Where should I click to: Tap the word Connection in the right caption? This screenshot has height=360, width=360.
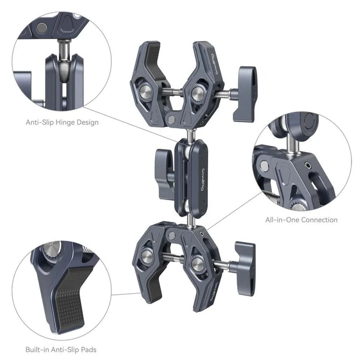tap(318, 220)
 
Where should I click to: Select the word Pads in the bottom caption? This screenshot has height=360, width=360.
tap(87, 349)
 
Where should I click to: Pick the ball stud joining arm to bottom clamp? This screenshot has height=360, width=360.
tap(191, 218)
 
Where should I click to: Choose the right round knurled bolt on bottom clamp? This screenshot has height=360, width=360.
tap(198, 264)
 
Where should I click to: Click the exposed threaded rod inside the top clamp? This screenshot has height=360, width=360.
tap(173, 93)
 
